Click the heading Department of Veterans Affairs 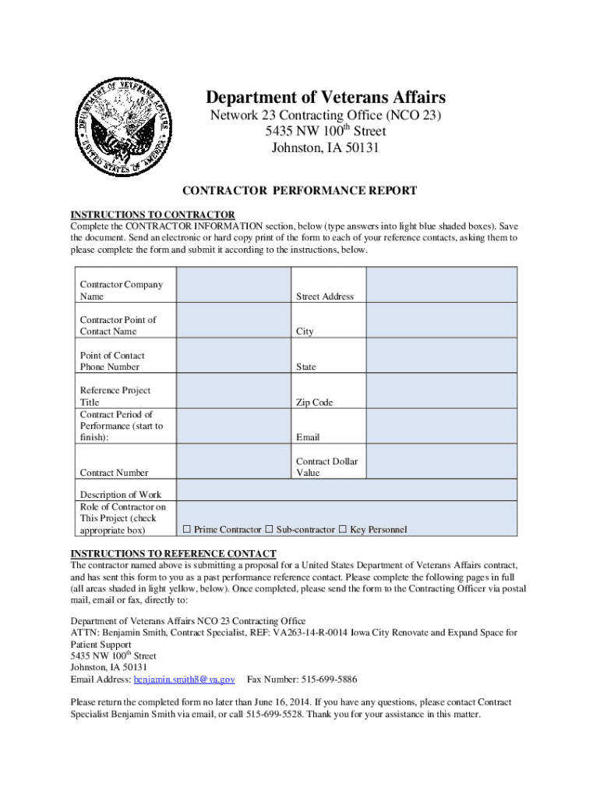tap(326, 98)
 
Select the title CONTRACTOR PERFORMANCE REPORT tap(299, 190)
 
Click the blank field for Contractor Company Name tap(235, 286)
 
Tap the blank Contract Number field tap(235, 462)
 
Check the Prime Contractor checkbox tap(187, 530)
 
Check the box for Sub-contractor tap(269, 530)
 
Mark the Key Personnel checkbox tap(342, 530)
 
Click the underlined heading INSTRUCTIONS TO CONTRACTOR tap(153, 215)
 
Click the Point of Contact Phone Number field tap(235, 356)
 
